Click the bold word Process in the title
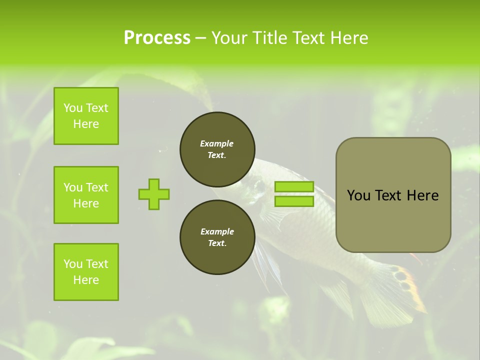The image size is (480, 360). tap(156, 37)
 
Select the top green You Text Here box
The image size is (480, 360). tap(86, 116)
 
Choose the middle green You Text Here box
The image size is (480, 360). tap(86, 195)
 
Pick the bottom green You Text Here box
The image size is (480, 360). tap(86, 272)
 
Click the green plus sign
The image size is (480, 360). tap(154, 194)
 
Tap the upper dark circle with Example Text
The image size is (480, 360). tap(217, 149)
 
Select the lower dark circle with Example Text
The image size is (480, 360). tap(217, 237)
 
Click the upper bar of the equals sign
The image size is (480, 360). tap(294, 186)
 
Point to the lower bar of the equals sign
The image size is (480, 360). tap(294, 201)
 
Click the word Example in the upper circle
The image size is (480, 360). tap(217, 143)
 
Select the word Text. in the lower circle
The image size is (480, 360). tap(217, 243)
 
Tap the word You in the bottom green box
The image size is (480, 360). tap(73, 264)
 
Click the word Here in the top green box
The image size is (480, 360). tap(86, 124)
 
